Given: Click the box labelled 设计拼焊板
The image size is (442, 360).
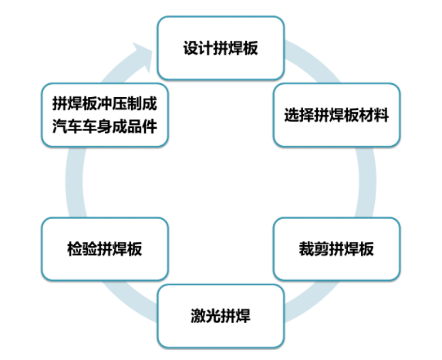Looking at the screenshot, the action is click(x=221, y=48).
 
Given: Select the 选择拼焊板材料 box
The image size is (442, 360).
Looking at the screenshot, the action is click(x=336, y=115).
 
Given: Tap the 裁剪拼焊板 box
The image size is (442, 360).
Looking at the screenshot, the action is click(x=336, y=249).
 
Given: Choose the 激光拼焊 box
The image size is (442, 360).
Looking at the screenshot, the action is click(x=221, y=316).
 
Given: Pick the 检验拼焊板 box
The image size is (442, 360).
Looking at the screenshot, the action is click(x=105, y=249).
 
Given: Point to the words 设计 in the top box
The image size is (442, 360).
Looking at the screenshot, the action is click(x=198, y=48).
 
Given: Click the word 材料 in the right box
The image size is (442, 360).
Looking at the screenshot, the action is click(x=374, y=115).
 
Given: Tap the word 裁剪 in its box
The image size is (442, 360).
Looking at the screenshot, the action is click(x=314, y=249).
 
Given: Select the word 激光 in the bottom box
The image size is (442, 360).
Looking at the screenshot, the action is click(x=205, y=316).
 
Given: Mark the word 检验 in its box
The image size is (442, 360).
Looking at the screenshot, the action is click(x=82, y=249).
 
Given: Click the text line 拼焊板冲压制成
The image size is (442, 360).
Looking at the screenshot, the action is click(x=105, y=103).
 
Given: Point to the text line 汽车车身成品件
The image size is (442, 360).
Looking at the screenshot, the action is click(x=105, y=126).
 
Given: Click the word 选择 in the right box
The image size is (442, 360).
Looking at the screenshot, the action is click(x=299, y=115).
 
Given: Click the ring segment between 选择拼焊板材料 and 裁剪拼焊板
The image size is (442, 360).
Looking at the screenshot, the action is click(x=367, y=182).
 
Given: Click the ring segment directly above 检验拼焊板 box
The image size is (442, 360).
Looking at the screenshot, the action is click(x=74, y=182).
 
